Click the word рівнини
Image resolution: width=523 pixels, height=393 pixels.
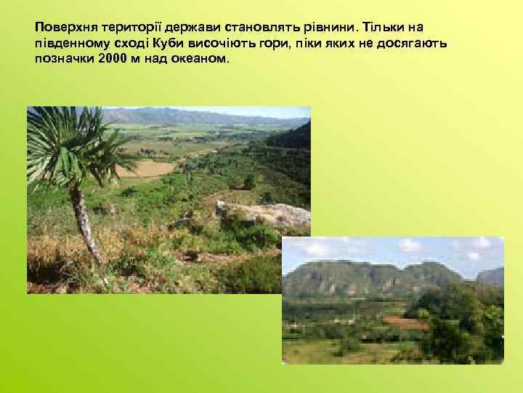click(327, 26)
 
